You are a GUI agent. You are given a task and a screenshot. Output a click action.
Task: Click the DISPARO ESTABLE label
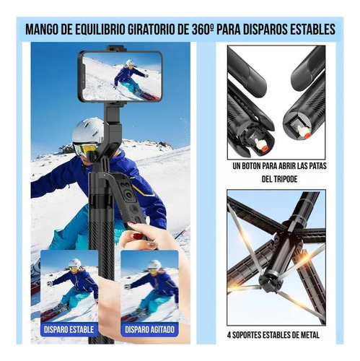pyautogui.click(x=69, y=329)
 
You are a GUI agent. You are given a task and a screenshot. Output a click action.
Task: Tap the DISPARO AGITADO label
pyautogui.click(x=149, y=329)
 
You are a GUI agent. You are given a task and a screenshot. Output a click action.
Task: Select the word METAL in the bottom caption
pyautogui.click(x=310, y=335)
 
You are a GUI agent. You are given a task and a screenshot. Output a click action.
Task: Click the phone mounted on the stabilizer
pyautogui.click(x=120, y=77)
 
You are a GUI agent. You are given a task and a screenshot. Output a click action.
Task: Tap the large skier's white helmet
pyautogui.click(x=87, y=131)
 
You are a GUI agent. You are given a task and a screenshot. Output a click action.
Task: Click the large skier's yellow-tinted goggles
pyautogui.click(x=84, y=149)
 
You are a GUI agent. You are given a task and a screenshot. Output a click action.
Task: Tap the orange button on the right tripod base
pyautogui.click(x=307, y=136)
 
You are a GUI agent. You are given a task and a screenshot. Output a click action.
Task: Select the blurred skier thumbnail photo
pyautogui.click(x=149, y=286)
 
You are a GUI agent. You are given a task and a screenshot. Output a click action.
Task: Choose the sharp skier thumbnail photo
pyautogui.click(x=69, y=286)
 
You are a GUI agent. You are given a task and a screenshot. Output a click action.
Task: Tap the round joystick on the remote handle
pyautogui.click(x=130, y=195)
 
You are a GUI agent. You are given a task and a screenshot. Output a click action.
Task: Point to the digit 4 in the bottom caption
pyautogui.click(x=229, y=335)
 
